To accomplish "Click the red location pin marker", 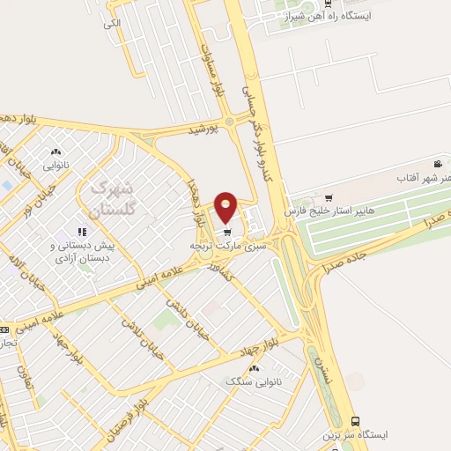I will coord(226,206).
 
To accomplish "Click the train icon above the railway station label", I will coord(328,4).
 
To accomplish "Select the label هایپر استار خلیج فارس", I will coord(323,212).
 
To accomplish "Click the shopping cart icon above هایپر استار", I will coord(329,197).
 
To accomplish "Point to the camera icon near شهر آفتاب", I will coord(438,164).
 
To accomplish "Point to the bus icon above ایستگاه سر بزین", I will coord(355,421).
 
